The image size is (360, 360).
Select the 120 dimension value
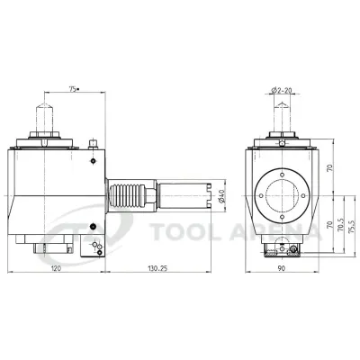(56, 269)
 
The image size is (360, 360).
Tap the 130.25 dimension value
(157, 269)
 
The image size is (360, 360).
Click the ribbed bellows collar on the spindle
(125, 193)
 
